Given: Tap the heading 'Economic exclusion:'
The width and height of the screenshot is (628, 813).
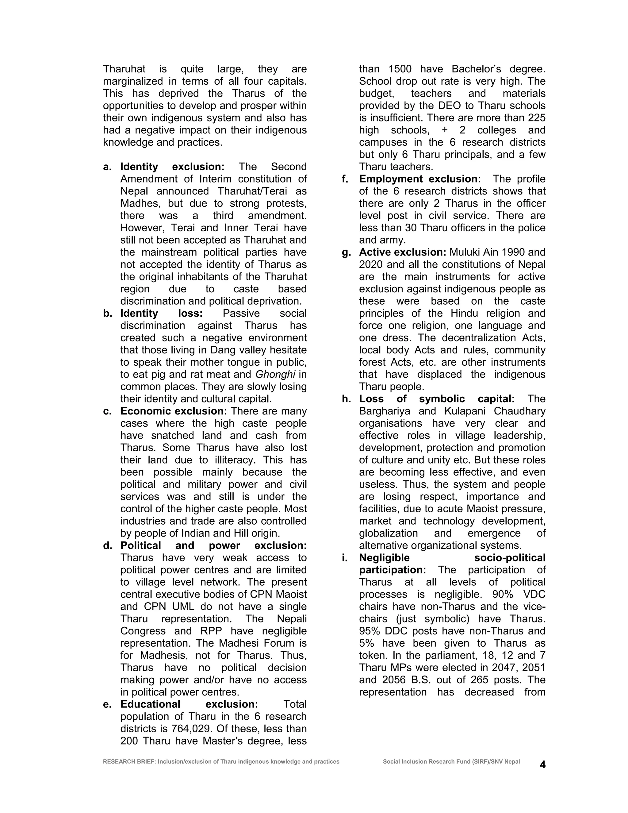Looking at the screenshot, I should point(173,411).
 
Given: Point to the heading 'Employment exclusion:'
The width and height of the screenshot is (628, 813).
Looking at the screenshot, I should point(420,179).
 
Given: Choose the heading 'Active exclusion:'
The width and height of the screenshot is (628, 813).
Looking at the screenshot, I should point(402,252).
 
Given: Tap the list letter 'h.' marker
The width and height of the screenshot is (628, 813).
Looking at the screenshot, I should point(347,399).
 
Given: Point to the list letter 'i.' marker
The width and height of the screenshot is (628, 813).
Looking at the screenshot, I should point(344,558).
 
